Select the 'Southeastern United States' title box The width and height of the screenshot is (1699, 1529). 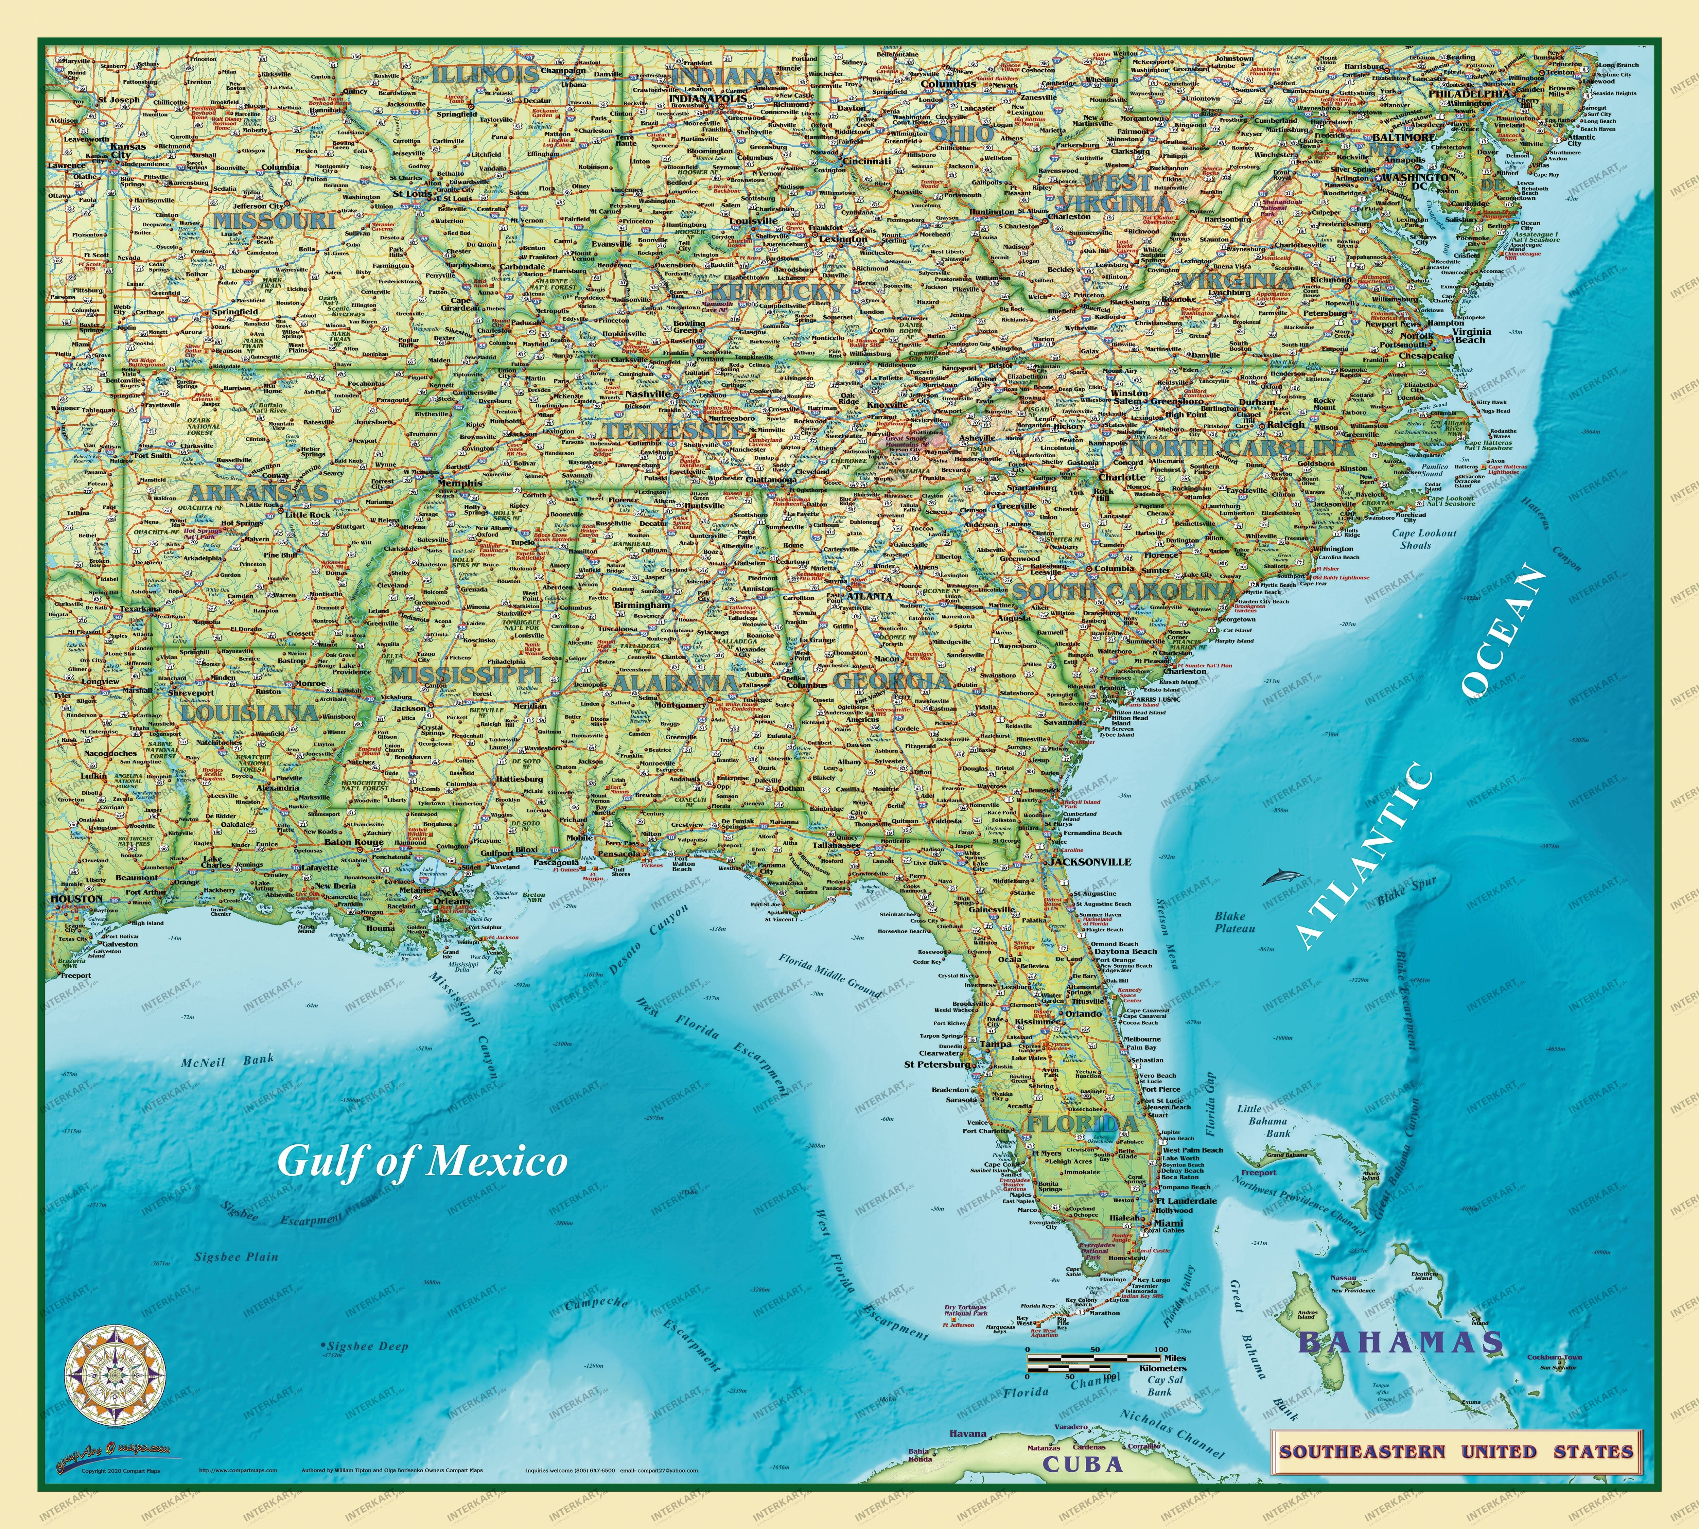1456,1451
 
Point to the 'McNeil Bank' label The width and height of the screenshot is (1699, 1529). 227,1061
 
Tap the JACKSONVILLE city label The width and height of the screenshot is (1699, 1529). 1090,862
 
